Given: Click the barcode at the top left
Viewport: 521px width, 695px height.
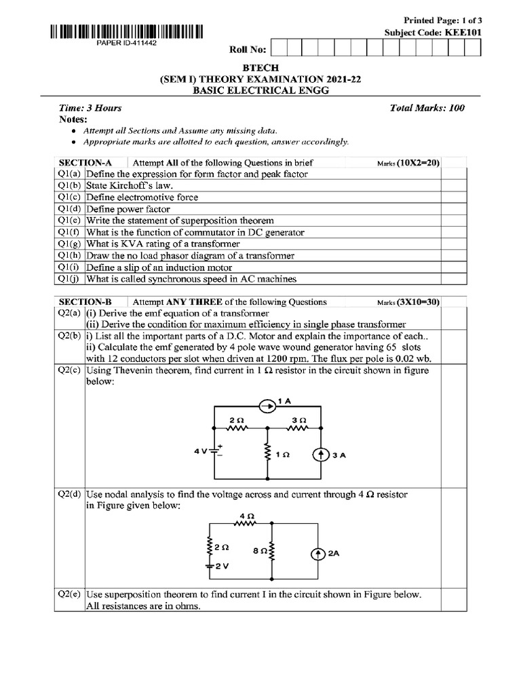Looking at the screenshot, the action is pyautogui.click(x=126, y=31).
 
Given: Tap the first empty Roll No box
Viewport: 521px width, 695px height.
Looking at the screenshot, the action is pyautogui.click(x=278, y=48).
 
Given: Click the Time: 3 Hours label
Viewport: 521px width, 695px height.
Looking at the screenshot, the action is pyautogui.click(x=90, y=108).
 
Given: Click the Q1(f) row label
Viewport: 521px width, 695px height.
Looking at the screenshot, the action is pyautogui.click(x=69, y=232).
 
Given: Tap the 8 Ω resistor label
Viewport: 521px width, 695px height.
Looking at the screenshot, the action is pyautogui.click(x=256, y=552).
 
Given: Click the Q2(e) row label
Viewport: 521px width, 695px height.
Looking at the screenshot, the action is pyautogui.click(x=69, y=595).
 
